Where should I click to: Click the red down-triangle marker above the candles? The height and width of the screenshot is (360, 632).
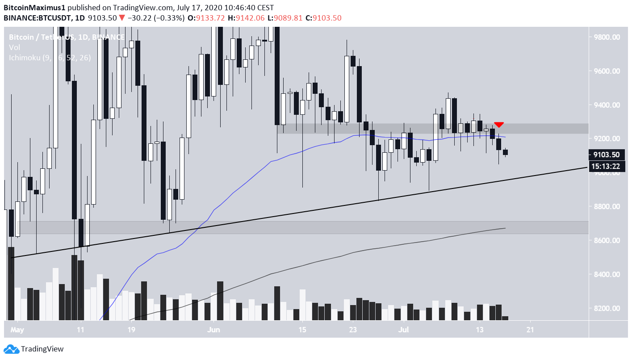pyautogui.click(x=499, y=125)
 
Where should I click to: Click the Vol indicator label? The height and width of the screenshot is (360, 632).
pyautogui.click(x=14, y=47)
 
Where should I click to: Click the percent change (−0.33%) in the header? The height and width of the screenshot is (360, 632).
pyautogui.click(x=166, y=18)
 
